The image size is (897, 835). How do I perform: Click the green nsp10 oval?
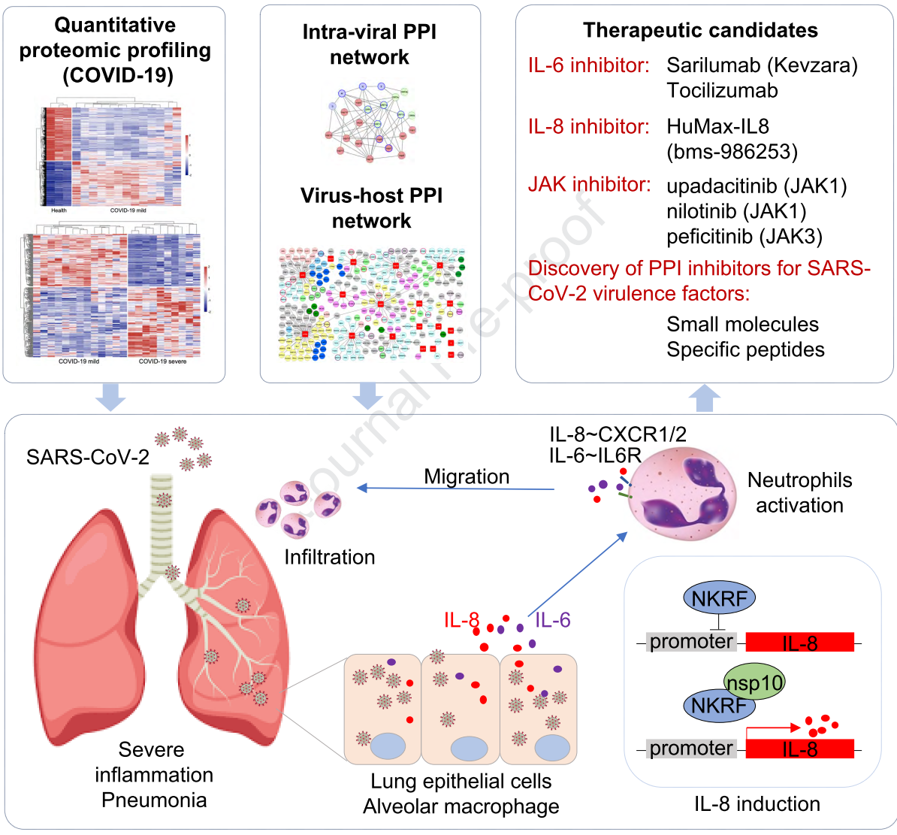point(754,682)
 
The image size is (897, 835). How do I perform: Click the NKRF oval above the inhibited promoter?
point(719,598)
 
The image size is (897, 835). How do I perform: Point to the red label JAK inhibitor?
point(589,184)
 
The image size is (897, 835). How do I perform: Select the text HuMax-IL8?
point(717,126)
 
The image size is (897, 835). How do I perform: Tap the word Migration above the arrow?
point(467,476)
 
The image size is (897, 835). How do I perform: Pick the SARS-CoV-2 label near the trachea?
point(87,457)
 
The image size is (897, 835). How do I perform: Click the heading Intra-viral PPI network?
point(370,44)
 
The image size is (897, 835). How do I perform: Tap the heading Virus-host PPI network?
point(371,208)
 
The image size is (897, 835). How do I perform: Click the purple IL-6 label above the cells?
point(552,620)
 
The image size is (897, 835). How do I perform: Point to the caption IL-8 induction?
point(757,803)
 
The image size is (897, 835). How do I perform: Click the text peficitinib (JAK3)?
point(744,237)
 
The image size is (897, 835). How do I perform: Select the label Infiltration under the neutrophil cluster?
point(329,557)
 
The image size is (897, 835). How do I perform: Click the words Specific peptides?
point(745,349)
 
